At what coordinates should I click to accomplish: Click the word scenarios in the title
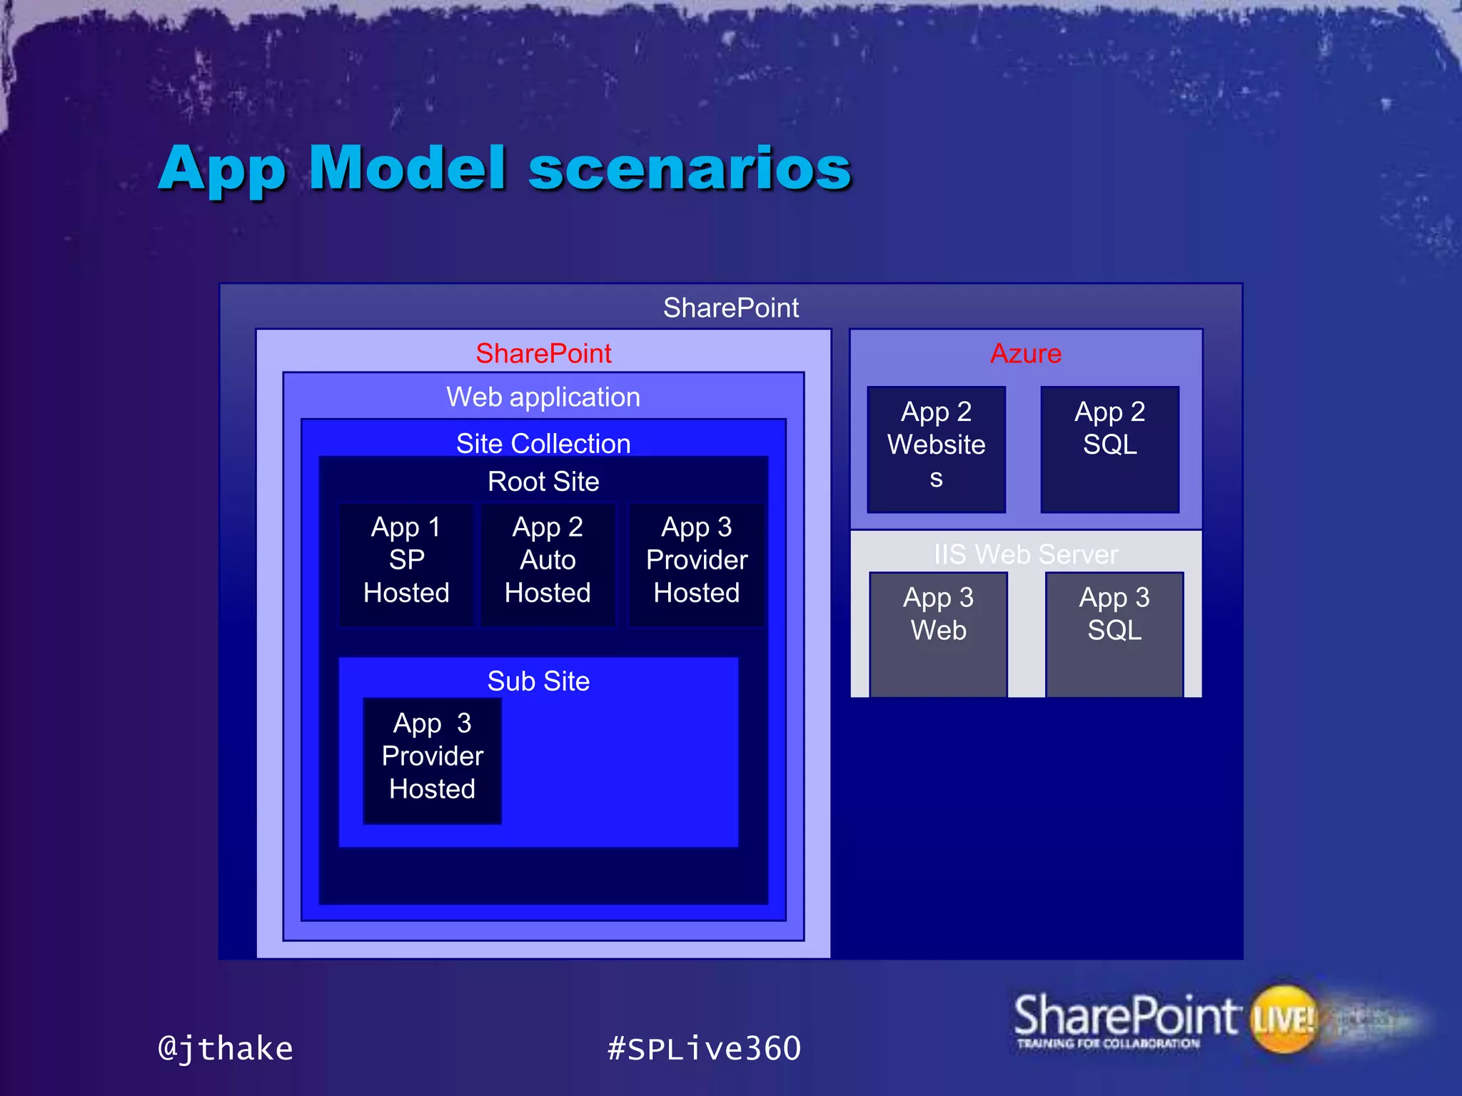(690, 169)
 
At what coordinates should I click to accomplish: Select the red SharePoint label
(543, 353)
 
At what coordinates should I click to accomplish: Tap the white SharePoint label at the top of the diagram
(730, 308)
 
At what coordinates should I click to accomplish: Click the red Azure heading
(1025, 353)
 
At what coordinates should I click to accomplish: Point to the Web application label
(543, 397)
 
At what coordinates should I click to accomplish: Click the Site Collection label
(543, 443)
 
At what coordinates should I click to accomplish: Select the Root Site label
(543, 481)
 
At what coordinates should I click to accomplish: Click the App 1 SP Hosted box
(406, 564)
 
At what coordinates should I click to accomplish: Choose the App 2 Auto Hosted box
(548, 564)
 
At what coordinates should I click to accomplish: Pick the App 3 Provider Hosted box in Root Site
(697, 564)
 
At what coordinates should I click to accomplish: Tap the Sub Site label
(538, 681)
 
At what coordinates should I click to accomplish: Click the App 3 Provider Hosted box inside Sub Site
(432, 760)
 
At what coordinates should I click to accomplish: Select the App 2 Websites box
(936, 448)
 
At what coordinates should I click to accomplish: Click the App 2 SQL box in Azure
(1109, 448)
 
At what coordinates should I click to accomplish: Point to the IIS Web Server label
(1025, 554)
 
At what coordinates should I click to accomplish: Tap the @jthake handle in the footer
(226, 1048)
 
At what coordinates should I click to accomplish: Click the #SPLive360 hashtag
(704, 1048)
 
